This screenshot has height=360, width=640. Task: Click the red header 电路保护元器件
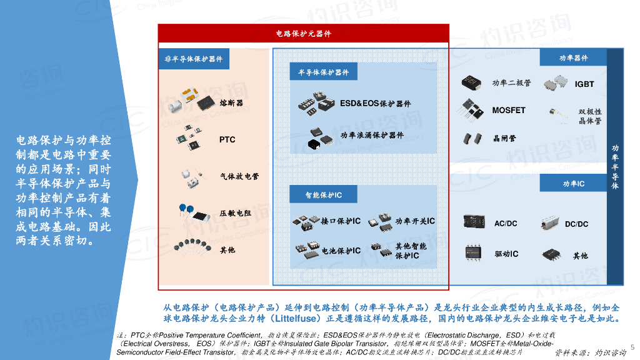[x=303, y=33]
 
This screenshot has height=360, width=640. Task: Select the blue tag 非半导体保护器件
[x=193, y=59]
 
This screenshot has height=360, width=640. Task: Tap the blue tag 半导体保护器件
[x=323, y=72]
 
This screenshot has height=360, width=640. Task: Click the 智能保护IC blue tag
[x=323, y=195]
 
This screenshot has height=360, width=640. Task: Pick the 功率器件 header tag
[x=573, y=57]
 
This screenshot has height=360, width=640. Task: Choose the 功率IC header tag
[x=573, y=183]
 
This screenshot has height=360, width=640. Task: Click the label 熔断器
[x=231, y=102]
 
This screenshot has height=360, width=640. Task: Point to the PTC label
[x=227, y=139]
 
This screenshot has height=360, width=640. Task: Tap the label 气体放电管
[x=239, y=176]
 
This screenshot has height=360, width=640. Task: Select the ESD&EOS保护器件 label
[x=375, y=104]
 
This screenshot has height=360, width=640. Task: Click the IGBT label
[x=584, y=84]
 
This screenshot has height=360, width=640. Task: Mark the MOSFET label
[x=508, y=110]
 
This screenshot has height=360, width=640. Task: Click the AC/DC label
[x=506, y=224]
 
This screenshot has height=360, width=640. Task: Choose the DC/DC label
[x=576, y=224]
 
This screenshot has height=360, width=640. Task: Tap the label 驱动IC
[x=506, y=254]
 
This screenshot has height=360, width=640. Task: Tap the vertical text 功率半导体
[x=615, y=167]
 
